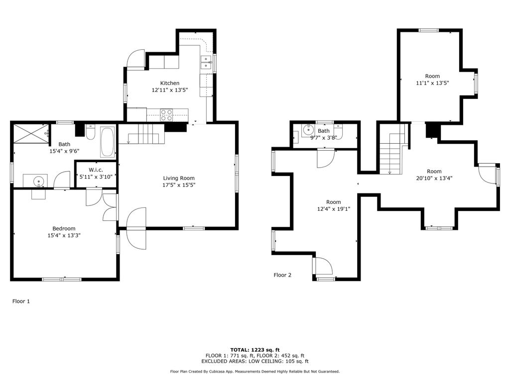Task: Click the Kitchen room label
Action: (170, 83)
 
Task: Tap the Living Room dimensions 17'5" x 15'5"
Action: (179, 185)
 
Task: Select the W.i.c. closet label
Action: (96, 170)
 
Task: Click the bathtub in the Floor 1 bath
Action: (108, 142)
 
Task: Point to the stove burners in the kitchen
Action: (166, 115)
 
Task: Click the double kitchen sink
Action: (206, 63)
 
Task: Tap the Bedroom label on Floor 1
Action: (64, 228)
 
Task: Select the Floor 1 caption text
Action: (21, 301)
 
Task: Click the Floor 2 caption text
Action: (282, 275)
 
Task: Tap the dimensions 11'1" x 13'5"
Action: (433, 83)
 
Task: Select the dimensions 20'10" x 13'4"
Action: (434, 178)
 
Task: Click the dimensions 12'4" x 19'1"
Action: (334, 209)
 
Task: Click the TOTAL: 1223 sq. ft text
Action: (255, 350)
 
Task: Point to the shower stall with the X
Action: (31, 133)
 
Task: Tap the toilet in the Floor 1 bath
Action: (91, 132)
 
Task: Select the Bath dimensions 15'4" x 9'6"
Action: (64, 151)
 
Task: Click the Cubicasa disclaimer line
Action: (255, 371)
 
